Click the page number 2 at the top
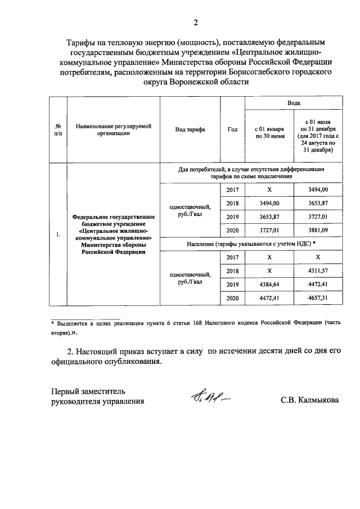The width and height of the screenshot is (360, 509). tap(195, 22)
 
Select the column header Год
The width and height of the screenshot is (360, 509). tap(232, 129)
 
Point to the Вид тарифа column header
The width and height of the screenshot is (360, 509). tap(190, 129)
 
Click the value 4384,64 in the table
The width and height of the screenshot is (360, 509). tap(269, 285)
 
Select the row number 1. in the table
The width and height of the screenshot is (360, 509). tap(58, 235)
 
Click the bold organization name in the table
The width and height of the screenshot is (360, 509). tap(114, 235)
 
